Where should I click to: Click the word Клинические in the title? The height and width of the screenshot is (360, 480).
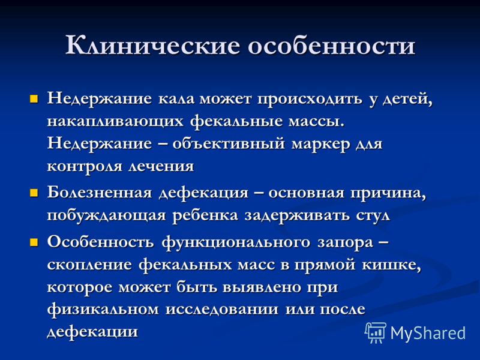point(153,46)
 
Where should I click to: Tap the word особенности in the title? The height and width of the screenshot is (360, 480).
point(331,46)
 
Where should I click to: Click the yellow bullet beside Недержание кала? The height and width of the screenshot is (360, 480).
point(34,99)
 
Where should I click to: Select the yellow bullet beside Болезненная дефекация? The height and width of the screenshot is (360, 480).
point(34,193)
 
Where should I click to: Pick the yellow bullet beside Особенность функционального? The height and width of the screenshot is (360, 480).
point(34,243)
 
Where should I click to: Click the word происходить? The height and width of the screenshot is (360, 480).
point(310,100)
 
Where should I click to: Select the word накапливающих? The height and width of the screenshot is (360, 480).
point(115,122)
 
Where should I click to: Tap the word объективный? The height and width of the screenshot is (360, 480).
point(229,144)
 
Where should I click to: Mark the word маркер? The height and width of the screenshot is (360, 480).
point(320,145)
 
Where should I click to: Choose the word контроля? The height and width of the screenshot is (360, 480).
point(85,167)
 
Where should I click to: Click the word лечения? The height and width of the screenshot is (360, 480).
point(161,167)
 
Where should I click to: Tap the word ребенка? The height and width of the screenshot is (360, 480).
point(205,215)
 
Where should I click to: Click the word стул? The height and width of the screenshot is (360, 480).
point(373,216)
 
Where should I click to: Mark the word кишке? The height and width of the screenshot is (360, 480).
point(392,265)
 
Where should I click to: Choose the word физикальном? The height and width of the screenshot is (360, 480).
point(103,310)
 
